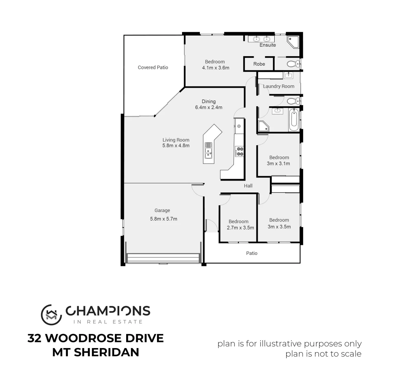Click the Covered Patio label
pyautogui.click(x=153, y=67)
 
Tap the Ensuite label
pyautogui.click(x=267, y=45)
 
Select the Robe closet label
pyautogui.click(x=259, y=64)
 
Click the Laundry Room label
pyautogui.click(x=278, y=86)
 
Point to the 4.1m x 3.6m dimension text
pyautogui.click(x=215, y=68)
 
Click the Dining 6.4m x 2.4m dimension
pyautogui.click(x=208, y=107)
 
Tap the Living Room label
pyautogui.click(x=176, y=140)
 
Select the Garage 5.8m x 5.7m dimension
pyautogui.click(x=164, y=219)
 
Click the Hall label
pyautogui.click(x=248, y=186)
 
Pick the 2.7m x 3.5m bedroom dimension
pyautogui.click(x=240, y=228)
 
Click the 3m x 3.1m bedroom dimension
pyautogui.click(x=278, y=163)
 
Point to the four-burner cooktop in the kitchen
pyautogui.click(x=239, y=151)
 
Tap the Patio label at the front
pyautogui.click(x=252, y=253)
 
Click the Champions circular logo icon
pyautogui.click(x=51, y=314)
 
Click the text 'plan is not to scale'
pyautogui.click(x=323, y=354)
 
